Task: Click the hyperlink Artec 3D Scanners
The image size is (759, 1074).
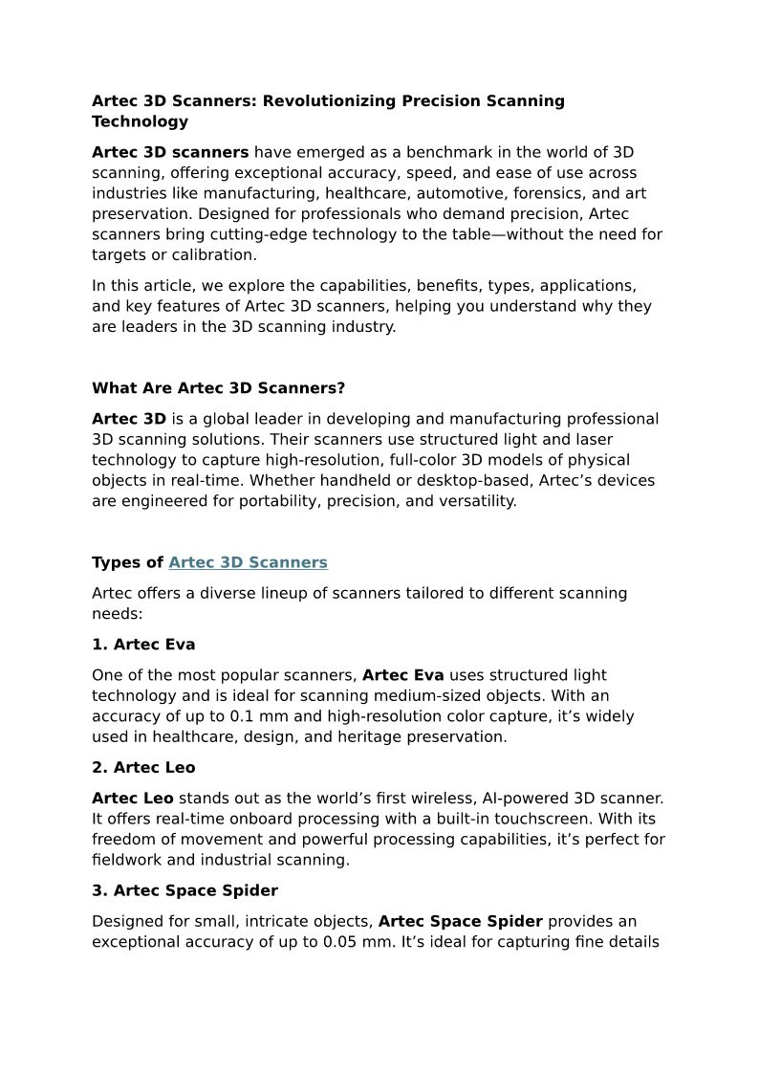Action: point(248,562)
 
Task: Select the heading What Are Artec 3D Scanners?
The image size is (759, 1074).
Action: point(218,388)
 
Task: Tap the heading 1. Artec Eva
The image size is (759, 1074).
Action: point(143,645)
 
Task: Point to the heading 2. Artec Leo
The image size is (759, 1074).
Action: point(143,768)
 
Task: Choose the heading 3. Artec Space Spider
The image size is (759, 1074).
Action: point(184,891)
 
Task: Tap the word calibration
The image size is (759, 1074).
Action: point(215,255)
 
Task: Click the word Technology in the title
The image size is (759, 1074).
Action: point(140,121)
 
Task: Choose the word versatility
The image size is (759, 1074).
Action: point(468,501)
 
